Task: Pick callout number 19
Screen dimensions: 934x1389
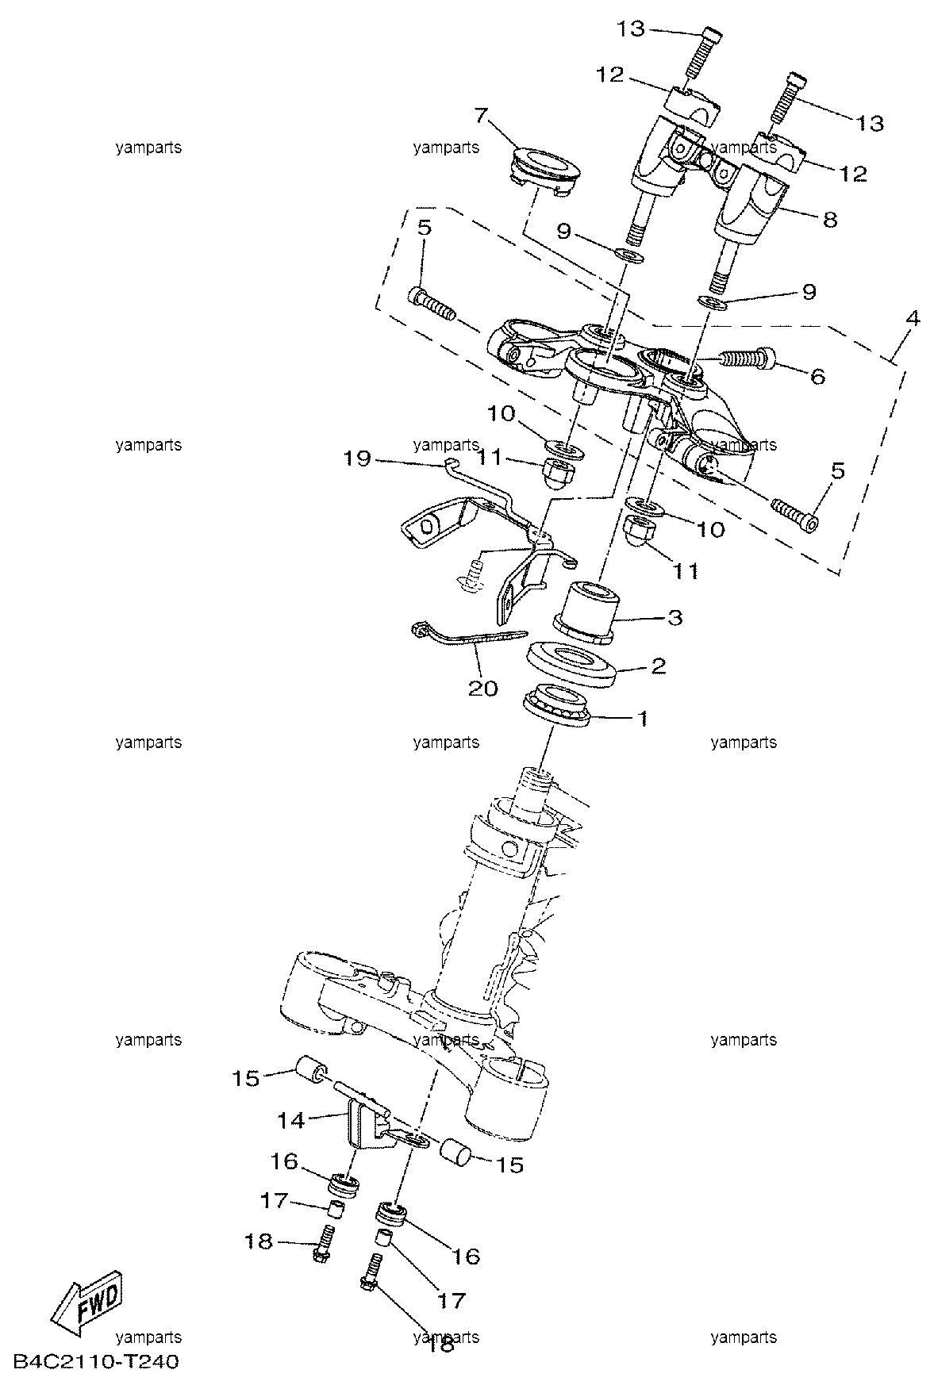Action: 357,459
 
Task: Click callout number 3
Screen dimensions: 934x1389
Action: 674,616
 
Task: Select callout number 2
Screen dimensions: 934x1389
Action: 658,665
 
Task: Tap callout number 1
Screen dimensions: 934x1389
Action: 643,719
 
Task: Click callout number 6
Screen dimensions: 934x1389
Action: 817,375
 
